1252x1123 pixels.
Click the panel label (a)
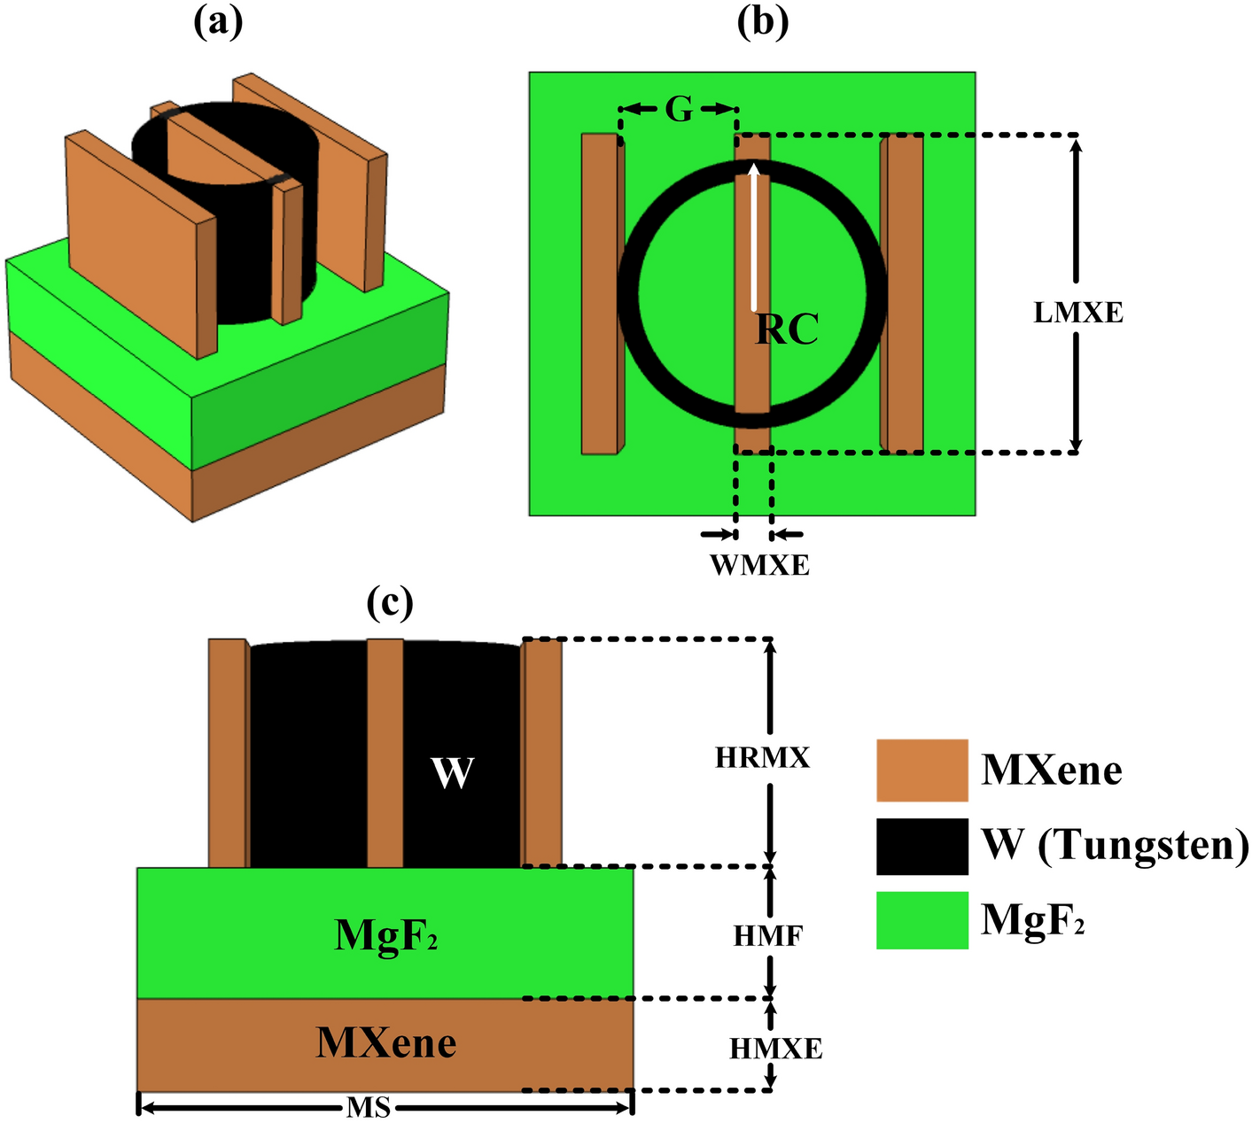click(x=217, y=24)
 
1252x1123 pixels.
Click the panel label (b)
click(x=762, y=24)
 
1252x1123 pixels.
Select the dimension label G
click(x=679, y=110)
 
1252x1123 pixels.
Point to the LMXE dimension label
click(x=1078, y=313)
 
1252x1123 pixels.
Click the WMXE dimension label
click(x=760, y=565)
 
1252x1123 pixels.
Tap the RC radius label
click(x=787, y=329)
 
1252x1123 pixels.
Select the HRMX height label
click(x=762, y=758)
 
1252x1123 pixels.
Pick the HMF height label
click(x=767, y=935)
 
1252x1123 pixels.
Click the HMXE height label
click(x=776, y=1049)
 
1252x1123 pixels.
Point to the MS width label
click(x=369, y=1107)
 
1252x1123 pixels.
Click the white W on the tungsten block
click(x=452, y=772)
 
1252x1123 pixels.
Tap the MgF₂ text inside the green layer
click(x=386, y=935)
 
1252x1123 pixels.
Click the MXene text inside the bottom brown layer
click(x=386, y=1043)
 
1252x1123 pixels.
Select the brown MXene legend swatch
click(x=922, y=770)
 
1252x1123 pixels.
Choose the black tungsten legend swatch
click(x=922, y=846)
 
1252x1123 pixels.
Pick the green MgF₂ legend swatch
click(x=922, y=920)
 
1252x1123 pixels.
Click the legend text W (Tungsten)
click(x=1115, y=846)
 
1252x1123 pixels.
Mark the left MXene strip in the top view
click(x=600, y=294)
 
